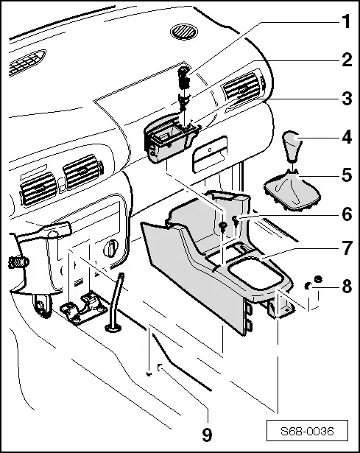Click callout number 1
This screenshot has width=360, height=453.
tap(346, 21)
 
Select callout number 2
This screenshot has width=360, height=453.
tap(347, 60)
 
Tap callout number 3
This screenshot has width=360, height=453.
tap(347, 99)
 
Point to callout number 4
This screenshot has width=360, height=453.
tap(347, 137)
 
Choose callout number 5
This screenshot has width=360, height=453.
tap(347, 175)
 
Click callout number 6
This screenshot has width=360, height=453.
tap(347, 214)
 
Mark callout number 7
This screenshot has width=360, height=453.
tap(347, 248)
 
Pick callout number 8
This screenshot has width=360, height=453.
tap(347, 287)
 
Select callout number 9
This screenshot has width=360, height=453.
tap(207, 435)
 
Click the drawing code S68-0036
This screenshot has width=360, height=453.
tap(307, 431)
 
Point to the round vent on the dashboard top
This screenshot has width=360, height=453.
tap(184, 31)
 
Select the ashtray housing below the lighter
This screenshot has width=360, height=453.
tap(170, 139)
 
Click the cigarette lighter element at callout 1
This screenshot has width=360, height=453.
tap(184, 77)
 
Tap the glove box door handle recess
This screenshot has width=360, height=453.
tap(210, 155)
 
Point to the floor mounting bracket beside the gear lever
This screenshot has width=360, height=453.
tap(83, 308)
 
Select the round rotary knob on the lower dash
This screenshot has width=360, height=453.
tap(111, 248)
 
